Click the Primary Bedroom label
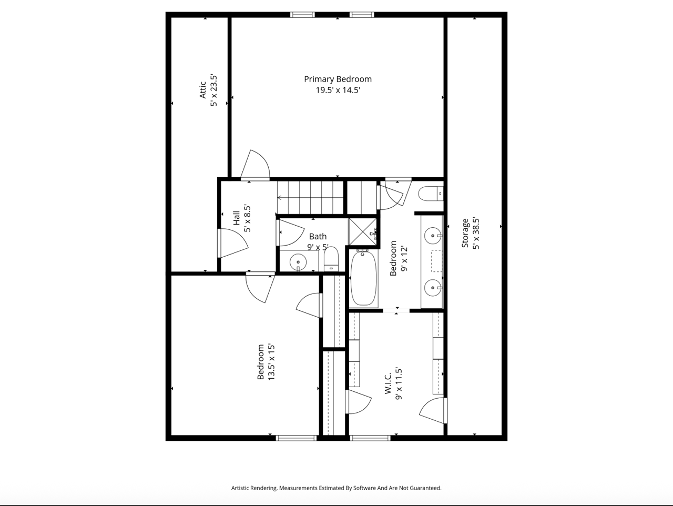[338, 79]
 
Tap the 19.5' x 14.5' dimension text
[338, 90]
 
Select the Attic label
[202, 89]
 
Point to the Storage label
[465, 233]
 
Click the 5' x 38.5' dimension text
[476, 234]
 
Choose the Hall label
[237, 218]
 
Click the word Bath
[318, 237]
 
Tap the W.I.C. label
[388, 383]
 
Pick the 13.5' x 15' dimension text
[271, 362]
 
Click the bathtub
[363, 278]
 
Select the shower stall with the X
[363, 231]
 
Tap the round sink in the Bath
[298, 262]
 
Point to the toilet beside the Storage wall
[431, 194]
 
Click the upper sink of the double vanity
[433, 236]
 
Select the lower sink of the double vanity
[433, 288]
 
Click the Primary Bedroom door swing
[256, 164]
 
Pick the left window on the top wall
[302, 14]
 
